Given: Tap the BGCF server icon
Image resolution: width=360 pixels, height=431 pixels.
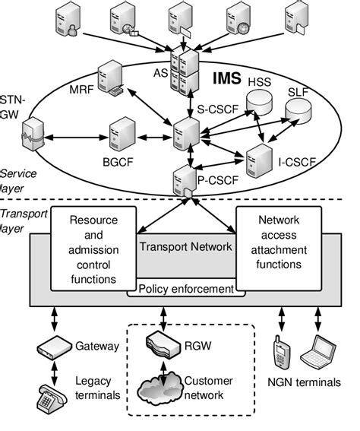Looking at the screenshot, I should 122,134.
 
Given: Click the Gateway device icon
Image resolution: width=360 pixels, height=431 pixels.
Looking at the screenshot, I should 53,348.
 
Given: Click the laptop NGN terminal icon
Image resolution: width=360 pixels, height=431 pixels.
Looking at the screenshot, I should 317,351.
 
